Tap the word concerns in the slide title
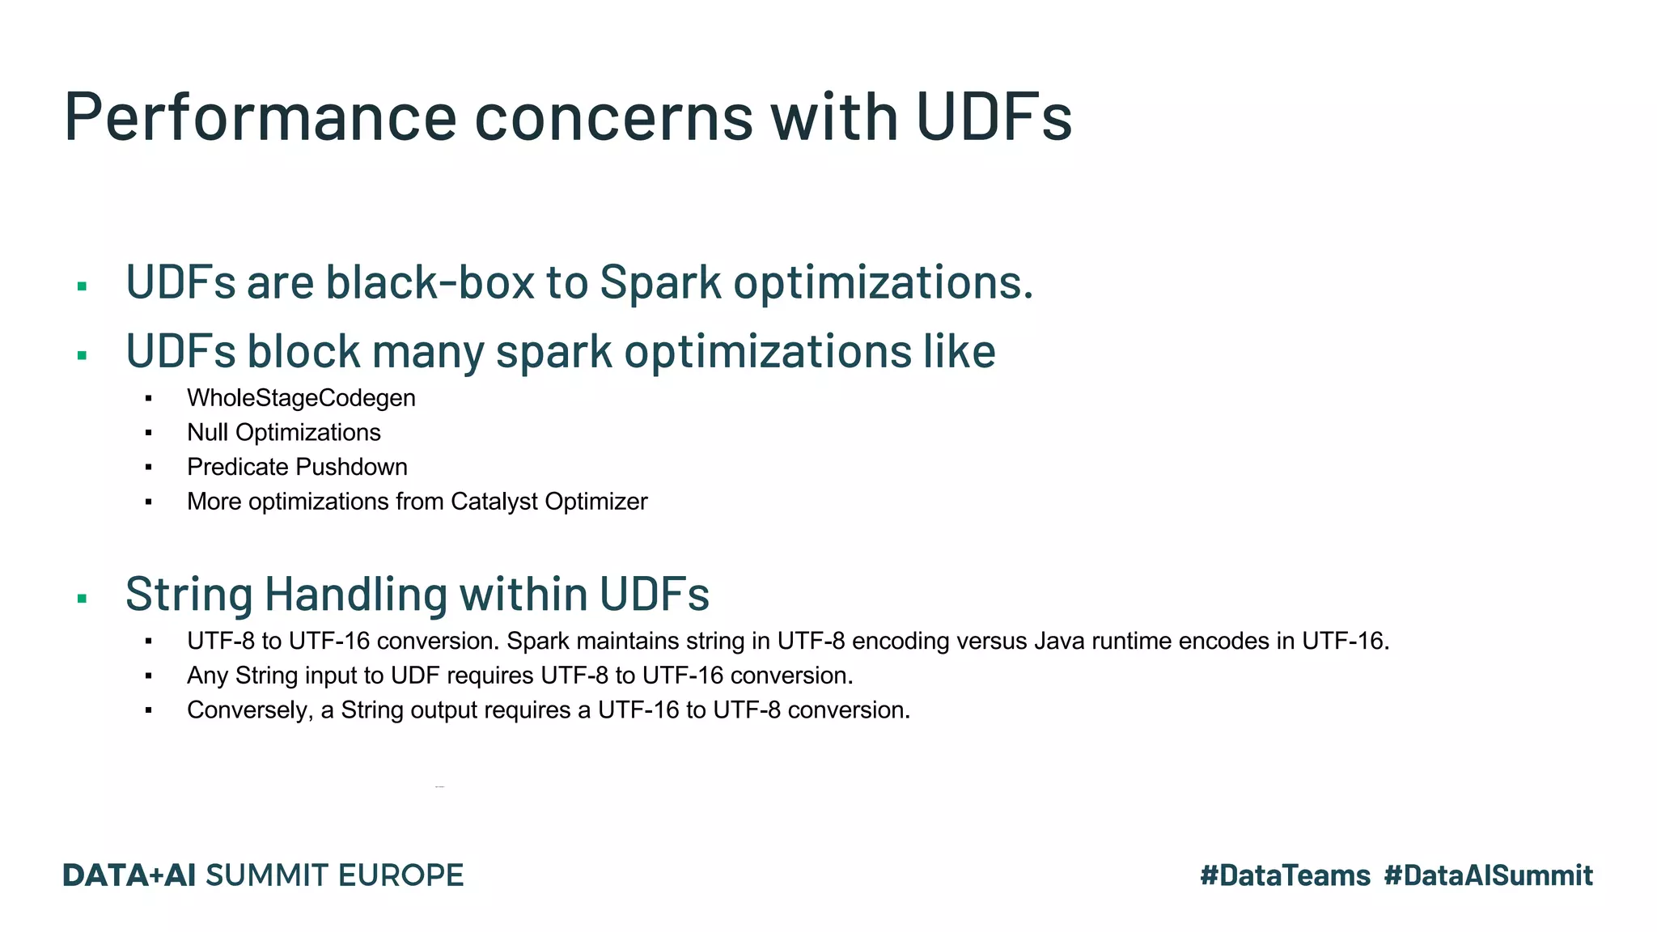613,117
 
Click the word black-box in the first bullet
430,282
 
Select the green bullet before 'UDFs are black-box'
82,286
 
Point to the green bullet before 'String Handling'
82,599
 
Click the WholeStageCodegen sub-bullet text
301,398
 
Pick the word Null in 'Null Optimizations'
207,433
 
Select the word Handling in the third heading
357,594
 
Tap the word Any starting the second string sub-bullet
207,676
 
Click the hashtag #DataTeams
1285,875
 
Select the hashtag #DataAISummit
1488,875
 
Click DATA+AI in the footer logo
129,875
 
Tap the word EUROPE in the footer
400,875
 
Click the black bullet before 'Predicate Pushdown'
149,468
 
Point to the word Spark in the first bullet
660,282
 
